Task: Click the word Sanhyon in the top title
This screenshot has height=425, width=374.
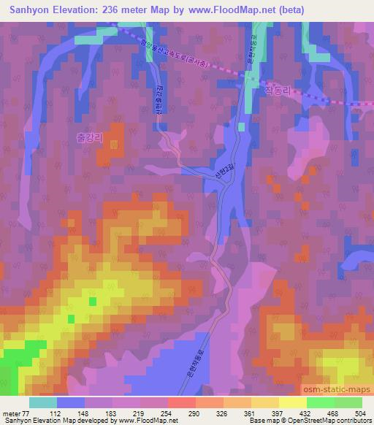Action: tap(31, 9)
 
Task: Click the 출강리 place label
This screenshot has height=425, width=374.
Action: tap(90, 137)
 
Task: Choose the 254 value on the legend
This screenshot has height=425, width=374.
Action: tap(167, 413)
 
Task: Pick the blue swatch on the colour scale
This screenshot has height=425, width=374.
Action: tap(70, 402)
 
